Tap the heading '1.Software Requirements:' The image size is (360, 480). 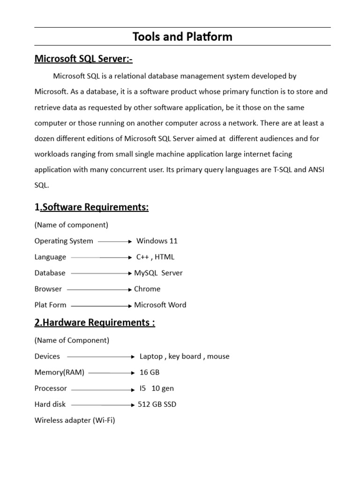pyautogui.click(x=91, y=207)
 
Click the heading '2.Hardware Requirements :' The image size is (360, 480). pyautogui.click(x=95, y=322)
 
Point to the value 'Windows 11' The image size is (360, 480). pyautogui.click(x=157, y=241)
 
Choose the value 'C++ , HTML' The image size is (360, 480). pyautogui.click(x=155, y=257)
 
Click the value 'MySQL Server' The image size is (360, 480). pyautogui.click(x=158, y=273)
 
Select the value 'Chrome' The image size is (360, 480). pyautogui.click(x=147, y=289)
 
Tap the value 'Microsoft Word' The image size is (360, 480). pyautogui.click(x=160, y=305)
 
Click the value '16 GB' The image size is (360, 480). pyautogui.click(x=150, y=372)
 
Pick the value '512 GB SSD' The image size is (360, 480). pyautogui.click(x=157, y=404)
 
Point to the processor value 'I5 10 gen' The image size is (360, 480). pyautogui.click(x=157, y=388)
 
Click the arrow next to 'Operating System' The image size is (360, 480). pyautogui.click(x=115, y=242)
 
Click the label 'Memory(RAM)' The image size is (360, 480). pyautogui.click(x=60, y=372)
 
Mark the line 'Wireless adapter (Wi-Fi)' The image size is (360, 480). pyautogui.click(x=75, y=420)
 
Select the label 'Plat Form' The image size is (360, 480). pyautogui.click(x=50, y=305)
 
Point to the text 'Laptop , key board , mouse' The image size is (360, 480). pyautogui.click(x=184, y=356)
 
